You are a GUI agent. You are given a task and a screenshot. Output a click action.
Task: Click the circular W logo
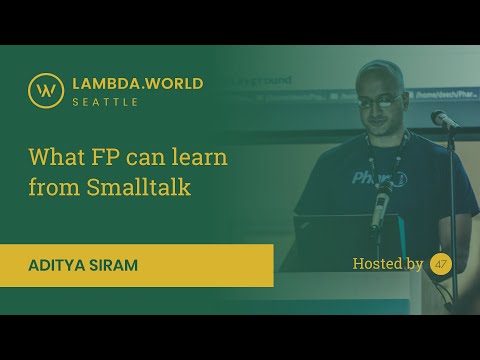(x=45, y=91)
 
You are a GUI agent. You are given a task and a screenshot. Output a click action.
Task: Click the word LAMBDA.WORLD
(x=138, y=83)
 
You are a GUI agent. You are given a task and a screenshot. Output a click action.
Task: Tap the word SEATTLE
(x=105, y=102)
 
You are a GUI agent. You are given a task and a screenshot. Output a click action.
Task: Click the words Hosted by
(x=388, y=264)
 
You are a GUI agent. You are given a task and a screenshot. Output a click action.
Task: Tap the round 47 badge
(x=441, y=264)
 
